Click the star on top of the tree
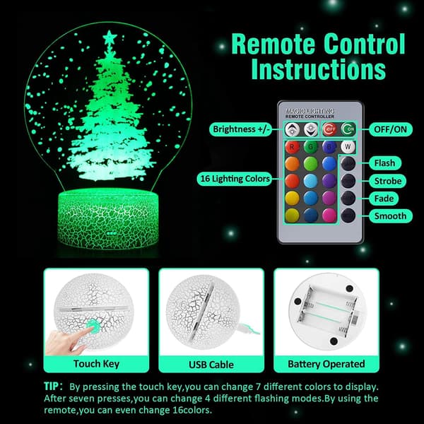point(110,38)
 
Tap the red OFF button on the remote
point(329,129)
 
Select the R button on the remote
point(292,147)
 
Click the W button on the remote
point(348,147)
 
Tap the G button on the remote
point(311,147)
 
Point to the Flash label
point(385,163)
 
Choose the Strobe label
point(388,181)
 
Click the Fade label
point(384,199)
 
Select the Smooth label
point(391,216)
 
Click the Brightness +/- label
point(241,129)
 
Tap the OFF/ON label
point(391,129)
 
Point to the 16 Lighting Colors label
point(235,179)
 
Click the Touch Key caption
point(96,364)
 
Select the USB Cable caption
point(211,365)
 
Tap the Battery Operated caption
point(326,364)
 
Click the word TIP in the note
point(51,386)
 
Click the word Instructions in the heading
point(318,69)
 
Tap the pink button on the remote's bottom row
point(329,216)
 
